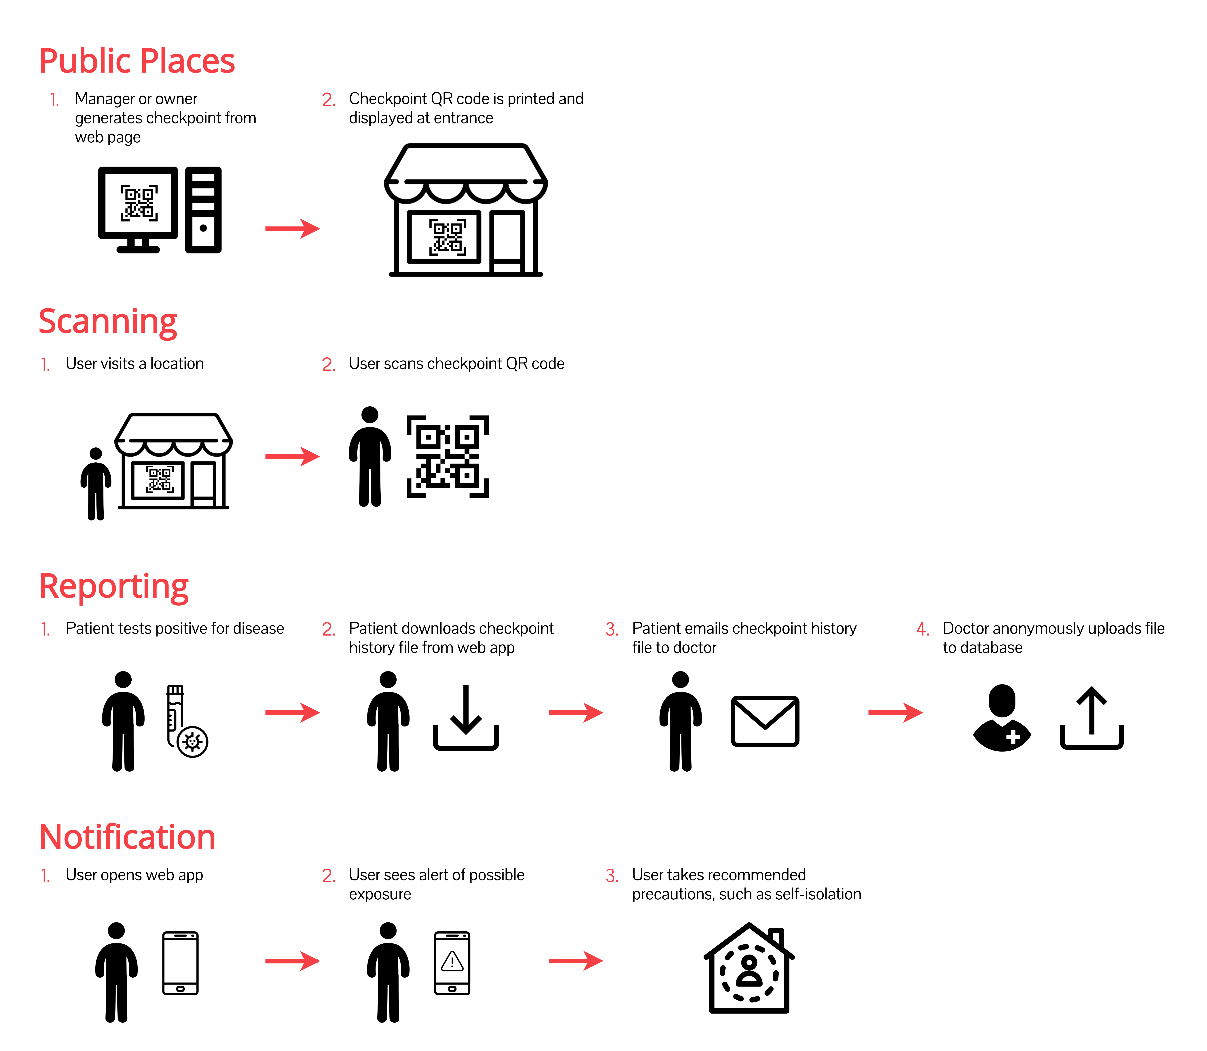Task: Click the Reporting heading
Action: [114, 586]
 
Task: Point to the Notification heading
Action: [127, 837]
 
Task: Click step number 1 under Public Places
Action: [54, 100]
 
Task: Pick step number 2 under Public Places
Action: [329, 100]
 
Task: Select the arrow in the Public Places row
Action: [292, 229]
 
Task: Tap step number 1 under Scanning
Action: [45, 365]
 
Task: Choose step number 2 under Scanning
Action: [329, 365]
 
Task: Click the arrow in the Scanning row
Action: [292, 456]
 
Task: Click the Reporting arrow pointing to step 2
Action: [292, 713]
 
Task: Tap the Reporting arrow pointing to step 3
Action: [576, 713]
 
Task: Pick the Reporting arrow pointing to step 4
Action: [895, 713]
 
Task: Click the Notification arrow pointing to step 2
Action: [292, 961]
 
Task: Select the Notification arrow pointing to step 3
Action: [576, 961]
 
